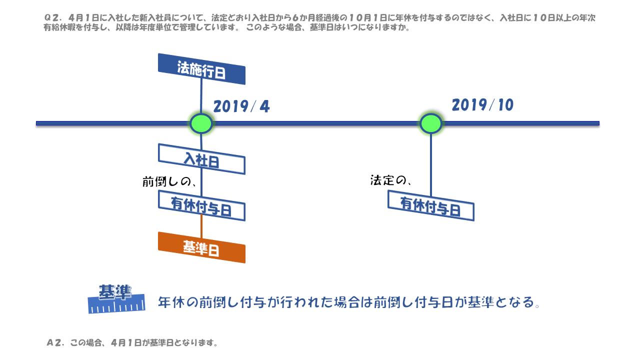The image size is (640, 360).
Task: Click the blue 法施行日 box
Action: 201,69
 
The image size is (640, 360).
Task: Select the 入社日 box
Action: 201,159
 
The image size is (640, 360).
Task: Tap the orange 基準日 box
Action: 201,247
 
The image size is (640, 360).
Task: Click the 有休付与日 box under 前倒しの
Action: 201,205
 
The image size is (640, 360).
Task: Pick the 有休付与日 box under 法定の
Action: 431,205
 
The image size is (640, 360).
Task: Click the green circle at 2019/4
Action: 201,123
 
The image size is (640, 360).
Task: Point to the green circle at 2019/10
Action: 431,123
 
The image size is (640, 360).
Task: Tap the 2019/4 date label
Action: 241,106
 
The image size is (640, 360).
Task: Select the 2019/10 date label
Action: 482,105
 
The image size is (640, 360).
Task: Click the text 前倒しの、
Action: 169,181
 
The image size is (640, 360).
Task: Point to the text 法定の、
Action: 390,180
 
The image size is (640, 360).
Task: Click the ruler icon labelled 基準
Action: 116,299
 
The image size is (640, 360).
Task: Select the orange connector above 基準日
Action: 201,226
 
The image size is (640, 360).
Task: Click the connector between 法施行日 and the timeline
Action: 201,95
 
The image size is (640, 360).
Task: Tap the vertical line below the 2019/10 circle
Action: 431,165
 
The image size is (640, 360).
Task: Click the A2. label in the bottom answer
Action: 54,342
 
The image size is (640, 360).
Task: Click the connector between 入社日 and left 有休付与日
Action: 201,182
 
